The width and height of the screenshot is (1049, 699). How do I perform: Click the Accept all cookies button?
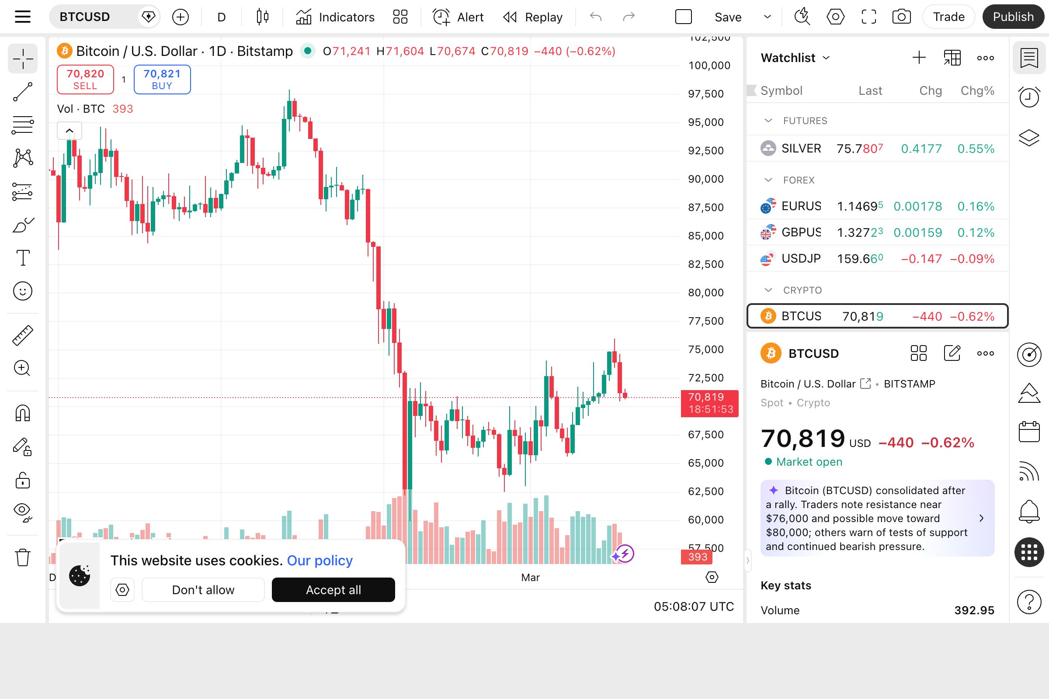point(333,589)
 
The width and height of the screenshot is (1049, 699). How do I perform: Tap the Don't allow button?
point(203,589)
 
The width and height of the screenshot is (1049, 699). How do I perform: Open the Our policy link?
point(320,561)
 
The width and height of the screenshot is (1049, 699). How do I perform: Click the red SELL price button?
point(85,80)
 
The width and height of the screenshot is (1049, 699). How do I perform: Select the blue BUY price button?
point(162,80)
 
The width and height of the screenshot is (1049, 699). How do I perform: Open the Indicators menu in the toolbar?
point(335,17)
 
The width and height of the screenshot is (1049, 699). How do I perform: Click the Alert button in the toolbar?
point(459,17)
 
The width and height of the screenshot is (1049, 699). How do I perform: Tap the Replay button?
point(533,17)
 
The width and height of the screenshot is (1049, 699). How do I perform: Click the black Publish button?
point(1013,17)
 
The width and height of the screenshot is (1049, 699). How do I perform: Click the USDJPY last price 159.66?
point(859,259)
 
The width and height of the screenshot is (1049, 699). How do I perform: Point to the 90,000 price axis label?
point(705,179)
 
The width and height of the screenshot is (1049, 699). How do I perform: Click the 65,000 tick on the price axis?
point(705,463)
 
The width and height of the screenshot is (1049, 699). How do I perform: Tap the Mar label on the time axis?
point(530,577)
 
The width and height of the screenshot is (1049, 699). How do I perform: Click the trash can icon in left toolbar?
point(23,557)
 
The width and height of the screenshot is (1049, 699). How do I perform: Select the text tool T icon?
point(23,258)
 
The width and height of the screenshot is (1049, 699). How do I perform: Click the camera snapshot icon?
point(901,17)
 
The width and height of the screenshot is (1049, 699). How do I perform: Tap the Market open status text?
point(809,462)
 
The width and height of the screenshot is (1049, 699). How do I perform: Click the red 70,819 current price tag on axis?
point(709,403)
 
